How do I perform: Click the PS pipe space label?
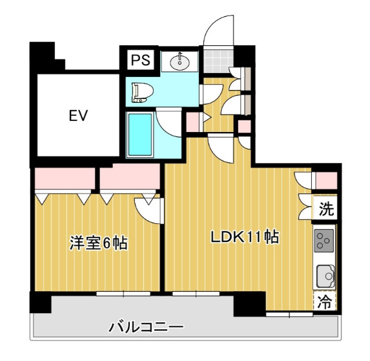141,60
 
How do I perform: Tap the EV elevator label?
78,116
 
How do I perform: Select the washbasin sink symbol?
180,62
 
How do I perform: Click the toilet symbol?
142,93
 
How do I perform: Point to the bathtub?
140,135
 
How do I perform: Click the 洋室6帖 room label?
98,243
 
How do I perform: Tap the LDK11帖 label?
245,236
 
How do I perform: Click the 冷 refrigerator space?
325,301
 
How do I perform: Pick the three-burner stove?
324,241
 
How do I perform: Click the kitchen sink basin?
325,276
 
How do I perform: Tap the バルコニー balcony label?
146,327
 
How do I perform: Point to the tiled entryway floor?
218,60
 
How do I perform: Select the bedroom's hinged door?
149,211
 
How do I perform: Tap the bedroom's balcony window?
123,294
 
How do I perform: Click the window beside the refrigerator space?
289,314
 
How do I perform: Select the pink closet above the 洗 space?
326,181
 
